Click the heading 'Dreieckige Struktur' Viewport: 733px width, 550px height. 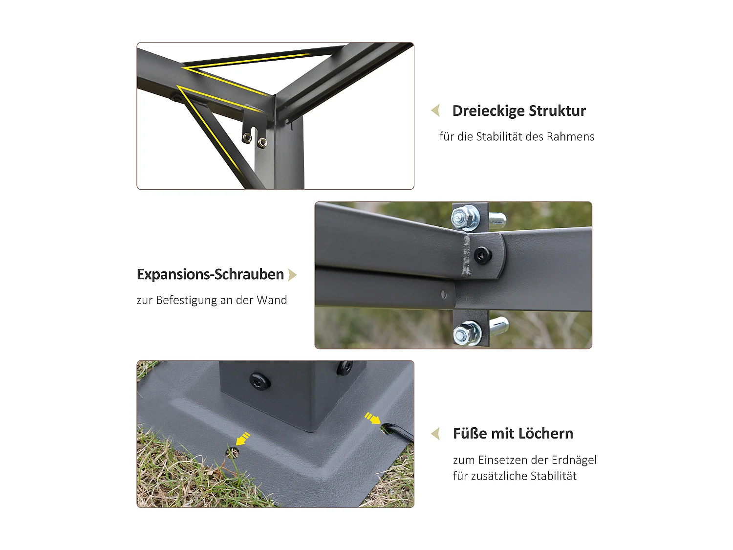pos(519,111)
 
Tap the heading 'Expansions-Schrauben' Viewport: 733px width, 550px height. pos(210,274)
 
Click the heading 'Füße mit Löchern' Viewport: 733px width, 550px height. pos(513,434)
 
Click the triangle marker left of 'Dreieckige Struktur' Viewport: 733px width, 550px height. pos(435,110)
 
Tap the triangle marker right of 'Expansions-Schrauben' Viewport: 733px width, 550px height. pos(292,275)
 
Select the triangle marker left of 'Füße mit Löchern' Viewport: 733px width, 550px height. pos(435,434)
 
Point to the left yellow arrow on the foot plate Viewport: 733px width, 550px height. pos(242,438)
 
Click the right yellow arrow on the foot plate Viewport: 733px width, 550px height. pos(372,418)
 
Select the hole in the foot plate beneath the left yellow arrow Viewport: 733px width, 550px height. pos(232,453)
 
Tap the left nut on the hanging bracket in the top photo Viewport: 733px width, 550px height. pos(247,138)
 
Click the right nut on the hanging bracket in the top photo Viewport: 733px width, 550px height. pos(262,142)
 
